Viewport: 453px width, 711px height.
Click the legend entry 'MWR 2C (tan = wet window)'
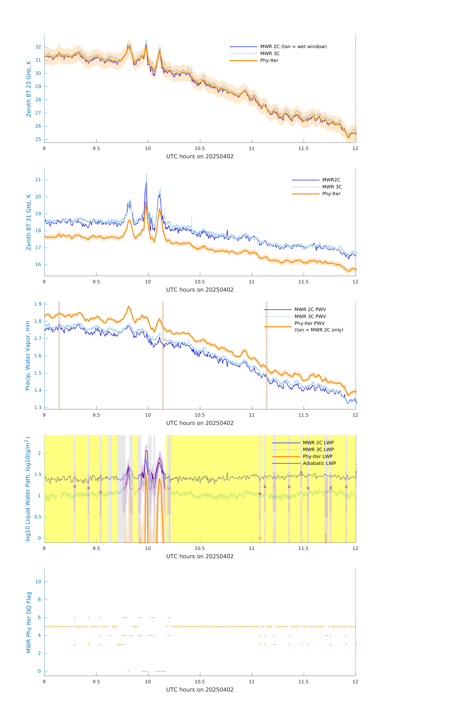point(293,47)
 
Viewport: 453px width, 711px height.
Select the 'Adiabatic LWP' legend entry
point(319,463)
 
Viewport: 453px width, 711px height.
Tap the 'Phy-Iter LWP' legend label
point(317,456)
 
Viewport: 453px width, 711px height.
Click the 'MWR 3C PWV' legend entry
point(310,317)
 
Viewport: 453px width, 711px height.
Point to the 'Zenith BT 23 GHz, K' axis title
point(29,89)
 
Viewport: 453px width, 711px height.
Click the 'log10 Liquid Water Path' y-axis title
point(28,489)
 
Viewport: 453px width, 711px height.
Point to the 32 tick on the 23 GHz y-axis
point(38,47)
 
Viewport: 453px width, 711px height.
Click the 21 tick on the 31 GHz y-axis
point(38,180)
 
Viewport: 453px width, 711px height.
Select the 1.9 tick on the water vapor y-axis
point(38,304)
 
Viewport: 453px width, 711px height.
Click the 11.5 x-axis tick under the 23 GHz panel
point(303,148)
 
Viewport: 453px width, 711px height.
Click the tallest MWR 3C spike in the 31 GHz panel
point(146,174)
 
